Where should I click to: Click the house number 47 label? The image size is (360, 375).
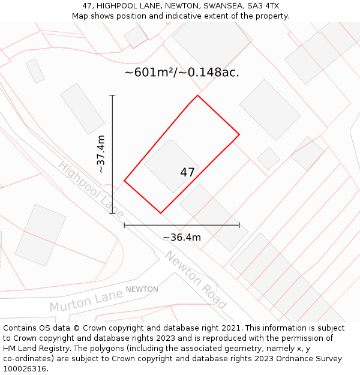click(187, 173)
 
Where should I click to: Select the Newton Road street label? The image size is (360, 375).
click(196, 280)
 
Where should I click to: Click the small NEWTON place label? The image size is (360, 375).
click(142, 289)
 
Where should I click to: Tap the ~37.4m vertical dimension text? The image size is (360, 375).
click(101, 154)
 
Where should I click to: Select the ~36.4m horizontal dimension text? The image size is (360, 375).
click(182, 237)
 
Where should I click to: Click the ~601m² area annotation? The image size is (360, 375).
click(182, 73)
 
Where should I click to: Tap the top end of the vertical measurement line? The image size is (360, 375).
click(113, 95)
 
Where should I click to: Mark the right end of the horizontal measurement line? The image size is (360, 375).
click(239, 225)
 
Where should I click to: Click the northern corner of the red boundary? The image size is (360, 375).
click(197, 95)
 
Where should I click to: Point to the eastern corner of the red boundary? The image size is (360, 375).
click(239, 134)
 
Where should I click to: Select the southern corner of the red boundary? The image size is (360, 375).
click(161, 213)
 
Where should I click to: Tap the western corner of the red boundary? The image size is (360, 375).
click(124, 181)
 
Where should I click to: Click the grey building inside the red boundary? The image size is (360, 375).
click(168, 162)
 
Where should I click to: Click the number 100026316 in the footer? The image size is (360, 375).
click(25, 368)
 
